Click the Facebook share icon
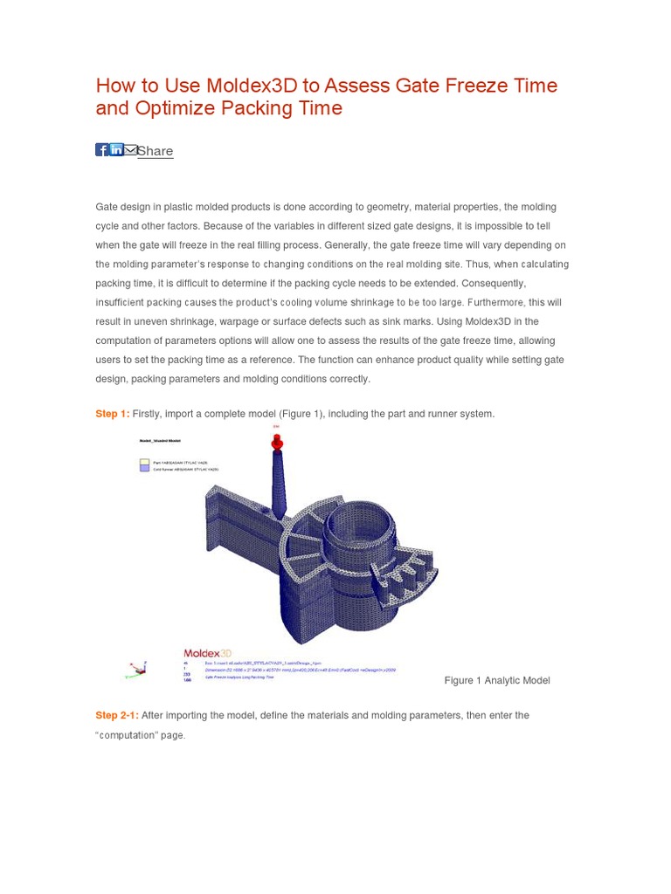coord(101,150)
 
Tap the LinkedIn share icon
coord(116,150)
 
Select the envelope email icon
coord(130,150)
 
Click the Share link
coord(156,151)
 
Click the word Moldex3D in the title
coord(249,86)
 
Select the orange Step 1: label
coord(112,414)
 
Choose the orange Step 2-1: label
coord(117,715)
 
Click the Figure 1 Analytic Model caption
coord(497,680)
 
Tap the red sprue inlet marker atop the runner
coord(278,444)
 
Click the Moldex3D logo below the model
coord(207,653)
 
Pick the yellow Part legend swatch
coord(145,462)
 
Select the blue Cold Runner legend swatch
coord(145,469)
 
